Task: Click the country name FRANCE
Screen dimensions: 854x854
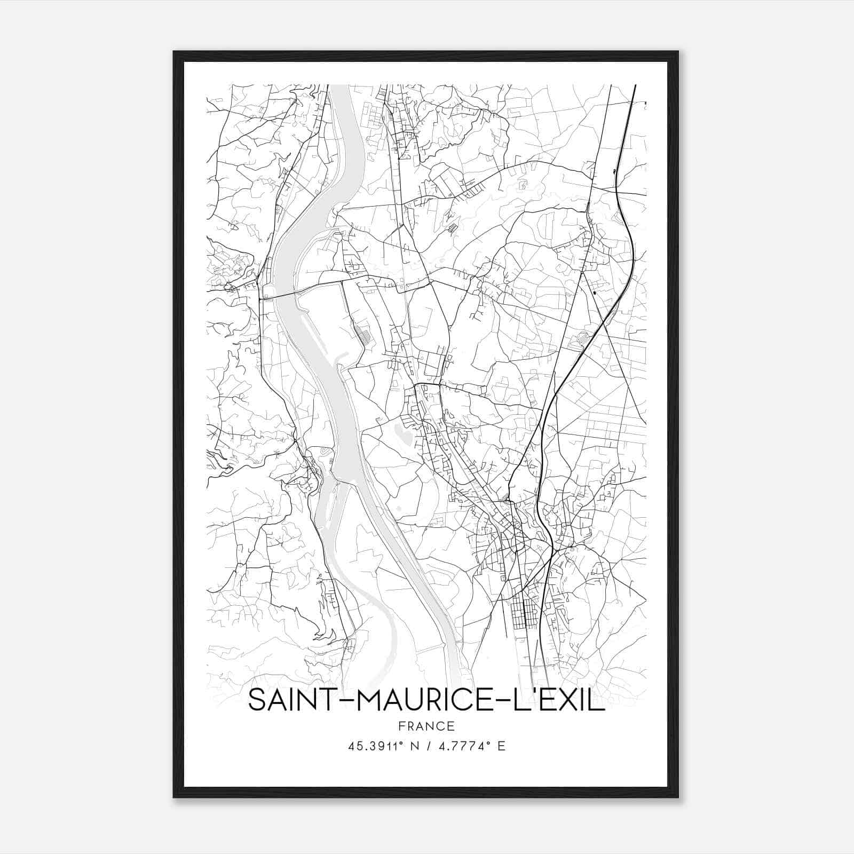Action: [x=426, y=726]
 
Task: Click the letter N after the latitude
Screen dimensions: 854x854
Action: [x=414, y=746]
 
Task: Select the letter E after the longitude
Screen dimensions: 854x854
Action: [x=501, y=746]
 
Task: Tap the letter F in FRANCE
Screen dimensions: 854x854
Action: [x=402, y=726]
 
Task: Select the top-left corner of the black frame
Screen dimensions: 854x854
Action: [x=175, y=52]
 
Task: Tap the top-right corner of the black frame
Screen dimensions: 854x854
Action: [x=677, y=52]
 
